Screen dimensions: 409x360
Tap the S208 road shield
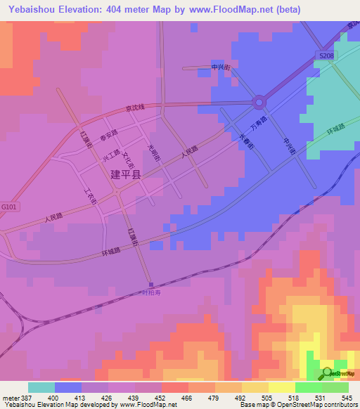click(x=325, y=54)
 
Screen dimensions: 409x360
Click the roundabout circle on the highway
click(x=259, y=103)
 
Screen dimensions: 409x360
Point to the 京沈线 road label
click(x=134, y=108)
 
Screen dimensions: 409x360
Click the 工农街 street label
click(x=89, y=195)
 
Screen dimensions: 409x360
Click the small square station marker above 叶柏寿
click(x=149, y=285)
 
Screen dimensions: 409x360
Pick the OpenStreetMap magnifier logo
click(x=327, y=372)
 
